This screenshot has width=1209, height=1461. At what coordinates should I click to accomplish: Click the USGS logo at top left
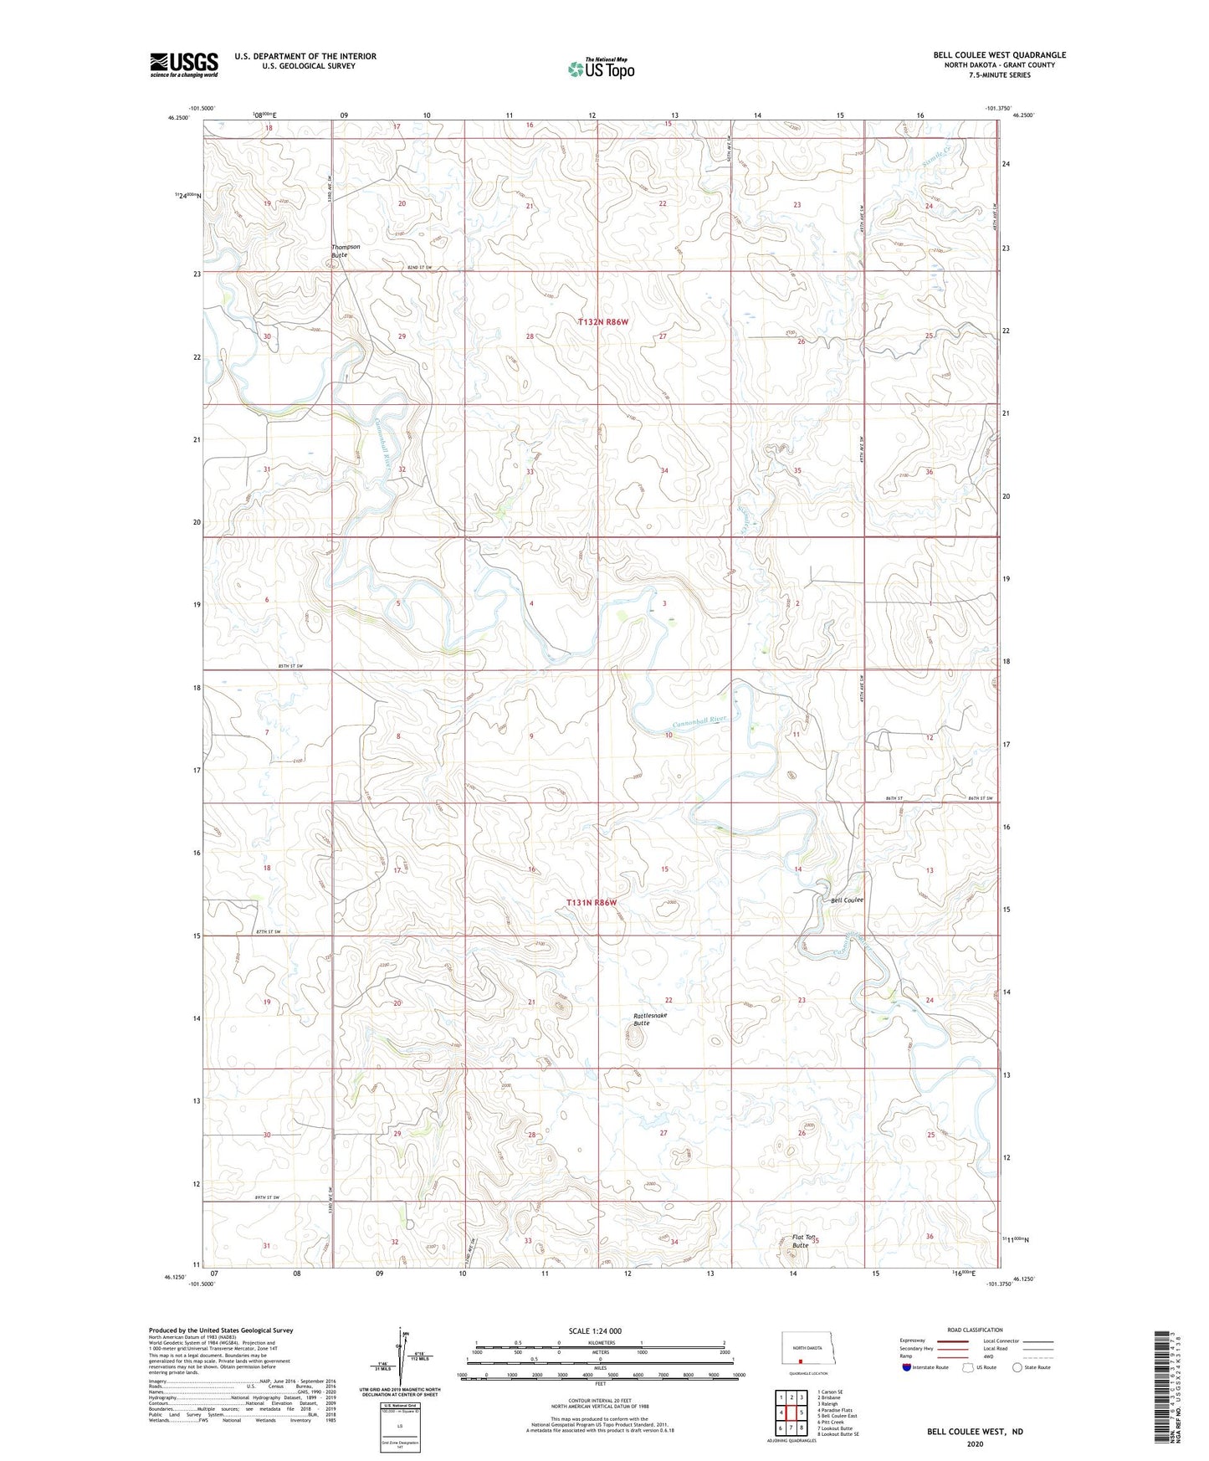point(183,64)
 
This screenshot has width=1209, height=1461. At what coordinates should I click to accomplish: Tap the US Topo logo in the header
point(601,69)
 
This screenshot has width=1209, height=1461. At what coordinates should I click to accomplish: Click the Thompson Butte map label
point(346,250)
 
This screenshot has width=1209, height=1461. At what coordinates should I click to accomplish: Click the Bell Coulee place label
point(847,900)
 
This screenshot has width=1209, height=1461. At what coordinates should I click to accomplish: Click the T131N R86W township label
point(592,903)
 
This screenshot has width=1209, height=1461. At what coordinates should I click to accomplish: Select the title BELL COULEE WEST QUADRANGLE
point(999,55)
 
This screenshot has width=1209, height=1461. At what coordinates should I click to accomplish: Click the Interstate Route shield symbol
point(907,1367)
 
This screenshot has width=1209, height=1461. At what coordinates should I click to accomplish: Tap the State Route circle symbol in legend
point(1017,1367)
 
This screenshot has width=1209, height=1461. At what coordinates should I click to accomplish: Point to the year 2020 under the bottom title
point(975,1443)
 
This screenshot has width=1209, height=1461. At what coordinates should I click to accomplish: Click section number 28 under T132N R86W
point(530,336)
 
